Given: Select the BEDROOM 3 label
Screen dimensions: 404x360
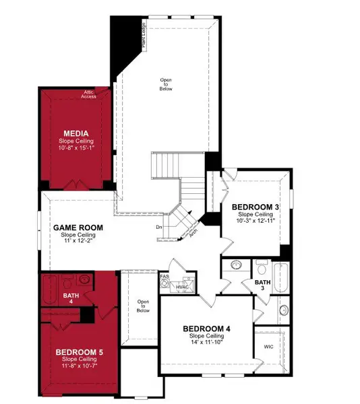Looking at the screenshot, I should tap(255, 207).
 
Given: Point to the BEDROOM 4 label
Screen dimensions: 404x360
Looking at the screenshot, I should tap(207, 329).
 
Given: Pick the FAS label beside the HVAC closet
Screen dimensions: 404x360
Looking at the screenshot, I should tap(164, 276).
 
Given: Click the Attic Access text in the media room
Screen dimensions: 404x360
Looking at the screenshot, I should tap(89, 94).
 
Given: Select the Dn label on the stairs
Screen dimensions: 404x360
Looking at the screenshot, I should tap(159, 227).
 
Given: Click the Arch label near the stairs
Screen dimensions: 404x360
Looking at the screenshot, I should tap(193, 233).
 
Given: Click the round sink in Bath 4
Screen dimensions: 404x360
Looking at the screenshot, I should tap(84, 279).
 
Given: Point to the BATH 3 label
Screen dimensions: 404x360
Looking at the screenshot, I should tap(262, 284).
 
